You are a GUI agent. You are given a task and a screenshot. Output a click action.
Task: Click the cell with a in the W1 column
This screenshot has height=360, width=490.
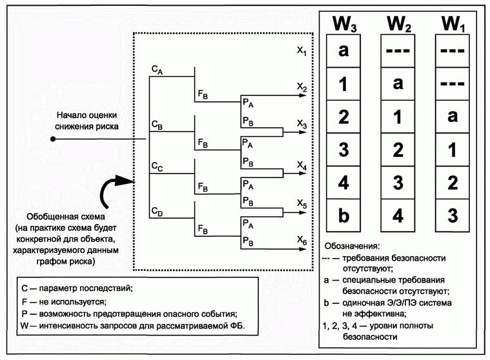tap(452, 117)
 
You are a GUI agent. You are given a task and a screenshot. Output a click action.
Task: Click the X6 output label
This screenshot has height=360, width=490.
tap(301, 240)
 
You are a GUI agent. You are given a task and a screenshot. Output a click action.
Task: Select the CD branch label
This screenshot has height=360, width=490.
tap(157, 211)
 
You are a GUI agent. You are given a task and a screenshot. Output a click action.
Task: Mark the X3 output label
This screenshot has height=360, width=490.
tap(301, 123)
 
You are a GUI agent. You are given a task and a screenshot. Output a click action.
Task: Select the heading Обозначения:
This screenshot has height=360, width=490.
tap(351, 246)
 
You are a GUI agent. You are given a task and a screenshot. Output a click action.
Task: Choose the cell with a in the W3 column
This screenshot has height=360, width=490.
tap(343, 51)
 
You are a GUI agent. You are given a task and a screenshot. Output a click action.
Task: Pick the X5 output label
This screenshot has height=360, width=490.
tap(301, 203)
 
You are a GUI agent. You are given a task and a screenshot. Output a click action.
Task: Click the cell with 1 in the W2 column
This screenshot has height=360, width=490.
tap(398, 117)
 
